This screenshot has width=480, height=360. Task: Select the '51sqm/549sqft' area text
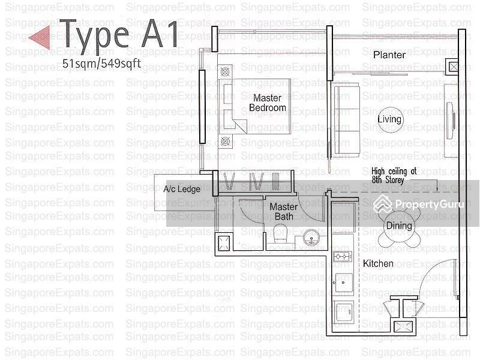(101, 64)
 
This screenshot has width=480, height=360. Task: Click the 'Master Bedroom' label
(267, 103)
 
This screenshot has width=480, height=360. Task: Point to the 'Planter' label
(389, 55)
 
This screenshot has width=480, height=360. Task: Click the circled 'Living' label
(389, 119)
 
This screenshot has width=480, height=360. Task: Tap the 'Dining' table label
(398, 226)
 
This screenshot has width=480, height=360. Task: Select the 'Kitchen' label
(378, 263)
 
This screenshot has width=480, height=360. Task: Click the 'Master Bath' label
(283, 212)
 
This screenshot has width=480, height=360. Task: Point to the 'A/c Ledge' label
(182, 189)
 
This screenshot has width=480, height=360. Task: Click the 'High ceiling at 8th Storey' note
(394, 176)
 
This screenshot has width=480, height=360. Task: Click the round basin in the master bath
(311, 238)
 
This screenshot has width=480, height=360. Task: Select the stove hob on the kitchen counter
(342, 257)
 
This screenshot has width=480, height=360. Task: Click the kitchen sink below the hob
(343, 283)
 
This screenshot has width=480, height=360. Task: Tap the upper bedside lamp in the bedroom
(226, 72)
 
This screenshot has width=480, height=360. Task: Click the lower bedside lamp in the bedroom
(226, 142)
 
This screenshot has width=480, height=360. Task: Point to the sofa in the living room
(346, 121)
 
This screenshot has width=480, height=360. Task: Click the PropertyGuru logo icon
(382, 204)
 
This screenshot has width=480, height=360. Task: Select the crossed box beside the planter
(453, 67)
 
